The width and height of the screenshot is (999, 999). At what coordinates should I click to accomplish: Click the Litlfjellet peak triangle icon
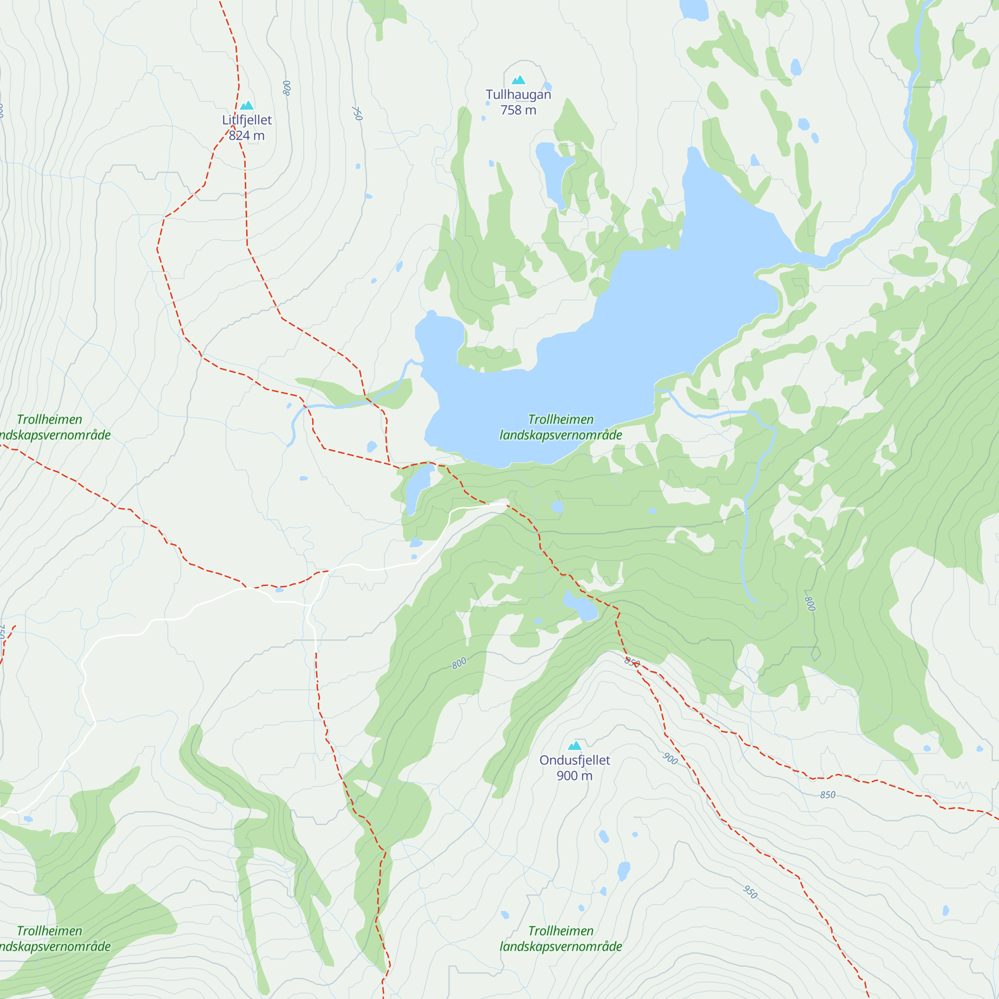[247, 105]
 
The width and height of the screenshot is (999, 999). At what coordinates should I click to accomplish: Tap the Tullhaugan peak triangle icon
[518, 79]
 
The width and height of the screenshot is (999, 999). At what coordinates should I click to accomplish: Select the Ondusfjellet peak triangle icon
[574, 746]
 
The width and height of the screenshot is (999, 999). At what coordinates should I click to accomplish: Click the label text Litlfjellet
[247, 120]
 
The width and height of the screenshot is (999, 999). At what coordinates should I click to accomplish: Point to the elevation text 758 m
[518, 110]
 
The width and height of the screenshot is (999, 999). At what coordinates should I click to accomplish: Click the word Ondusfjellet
[574, 760]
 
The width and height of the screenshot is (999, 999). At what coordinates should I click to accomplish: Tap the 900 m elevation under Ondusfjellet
[574, 776]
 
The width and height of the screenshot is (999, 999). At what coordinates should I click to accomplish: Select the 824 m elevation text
[247, 135]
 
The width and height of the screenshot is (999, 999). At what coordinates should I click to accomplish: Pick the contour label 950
[750, 892]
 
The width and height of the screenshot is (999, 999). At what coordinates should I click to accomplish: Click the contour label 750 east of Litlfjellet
[357, 113]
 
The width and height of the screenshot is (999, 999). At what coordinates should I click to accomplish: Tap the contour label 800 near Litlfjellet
[287, 88]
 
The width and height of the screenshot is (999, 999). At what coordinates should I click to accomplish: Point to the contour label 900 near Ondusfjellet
[670, 759]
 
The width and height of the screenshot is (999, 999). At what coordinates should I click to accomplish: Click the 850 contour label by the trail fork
[632, 662]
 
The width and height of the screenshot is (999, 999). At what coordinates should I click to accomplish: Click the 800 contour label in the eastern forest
[810, 603]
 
